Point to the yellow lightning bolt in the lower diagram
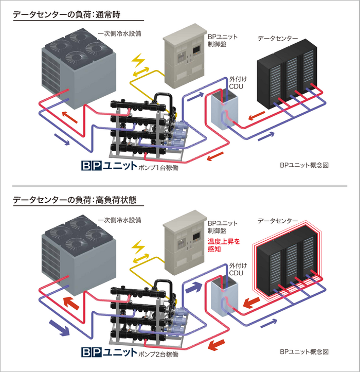click(x=139, y=249)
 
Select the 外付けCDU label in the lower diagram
click(x=237, y=268)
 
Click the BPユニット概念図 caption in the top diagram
click(x=304, y=166)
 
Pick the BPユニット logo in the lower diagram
click(x=109, y=352)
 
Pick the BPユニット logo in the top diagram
click(x=109, y=166)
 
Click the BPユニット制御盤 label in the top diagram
click(x=220, y=41)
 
